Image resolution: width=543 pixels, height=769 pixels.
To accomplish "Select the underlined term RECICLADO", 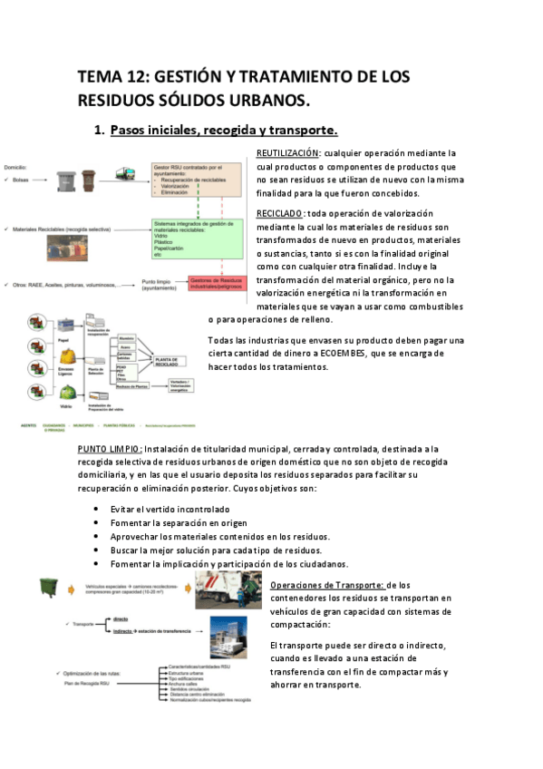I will click(281, 212).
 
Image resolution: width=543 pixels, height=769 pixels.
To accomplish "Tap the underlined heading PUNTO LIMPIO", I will click(109, 448).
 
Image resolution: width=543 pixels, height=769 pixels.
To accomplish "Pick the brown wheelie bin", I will click(89, 180).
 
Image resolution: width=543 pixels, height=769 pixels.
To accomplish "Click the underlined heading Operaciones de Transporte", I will click(327, 586).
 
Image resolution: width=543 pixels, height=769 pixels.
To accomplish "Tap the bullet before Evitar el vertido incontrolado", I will click(98, 510).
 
